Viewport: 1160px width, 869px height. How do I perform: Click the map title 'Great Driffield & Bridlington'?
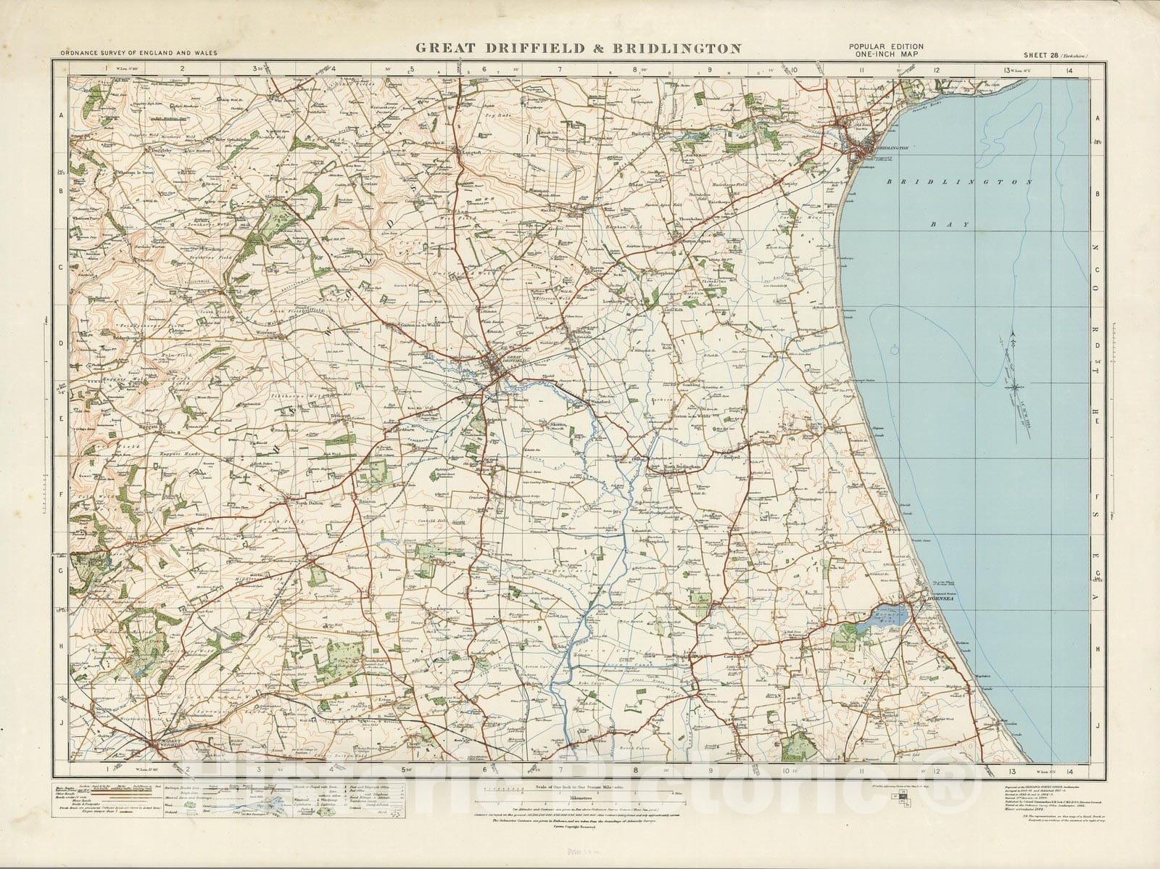click(577, 49)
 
